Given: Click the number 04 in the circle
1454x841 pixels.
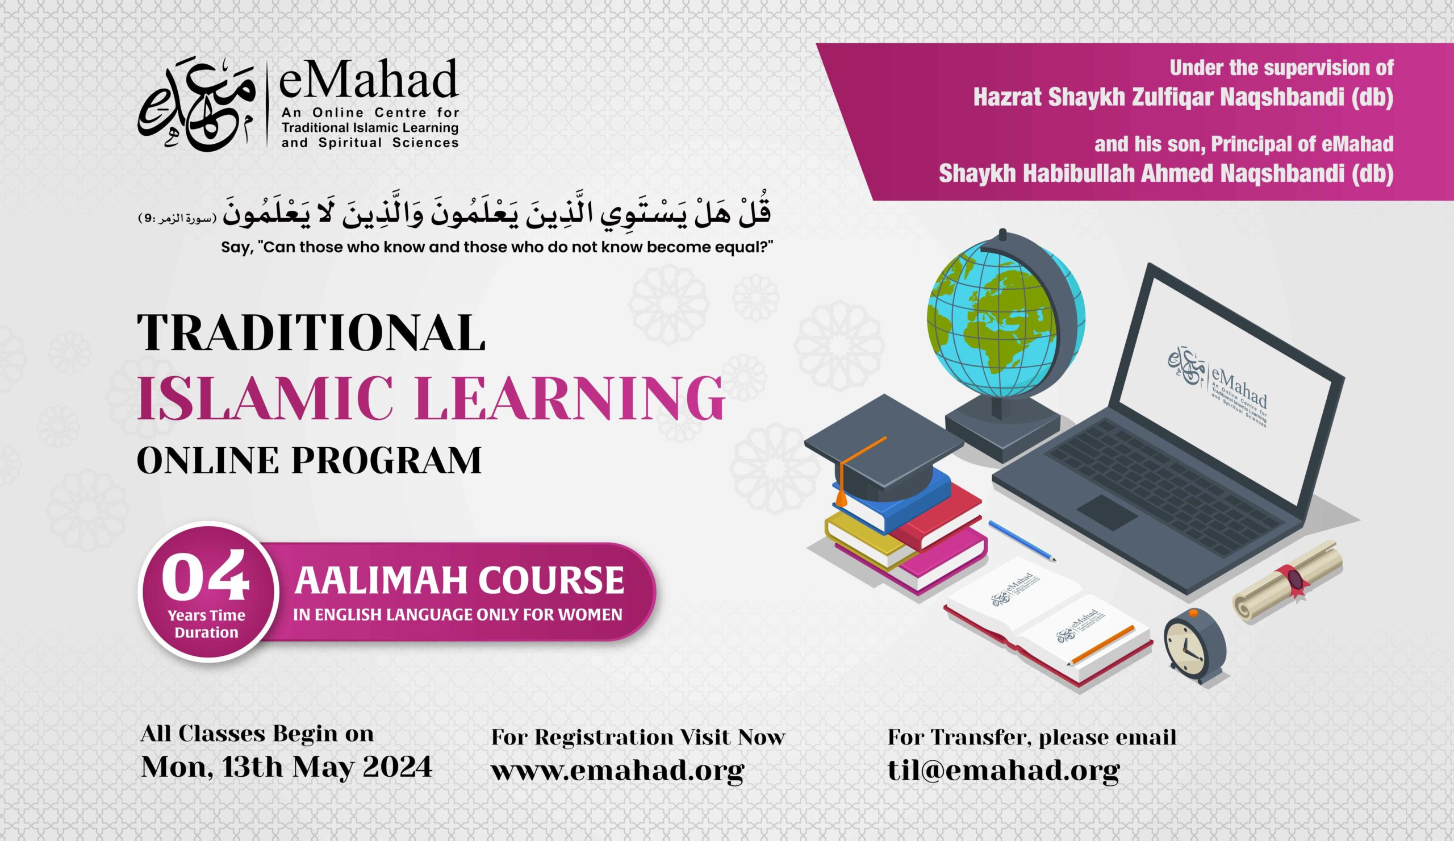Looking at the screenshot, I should coord(206,577).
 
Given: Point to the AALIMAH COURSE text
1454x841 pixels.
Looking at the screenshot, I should coord(459,581).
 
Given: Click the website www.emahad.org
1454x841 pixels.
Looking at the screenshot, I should coord(617,770).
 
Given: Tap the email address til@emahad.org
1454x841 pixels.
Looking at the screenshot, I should coord(1004,770).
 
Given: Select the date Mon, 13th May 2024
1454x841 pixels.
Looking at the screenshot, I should coord(286,767).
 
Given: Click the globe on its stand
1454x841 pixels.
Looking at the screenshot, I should coord(1005,323).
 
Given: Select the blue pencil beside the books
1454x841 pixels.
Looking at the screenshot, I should coord(1022,541).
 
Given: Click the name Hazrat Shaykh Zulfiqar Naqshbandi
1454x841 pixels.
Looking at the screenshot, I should coord(1183,98).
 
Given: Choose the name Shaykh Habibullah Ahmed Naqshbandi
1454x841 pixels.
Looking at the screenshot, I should coord(1165,174).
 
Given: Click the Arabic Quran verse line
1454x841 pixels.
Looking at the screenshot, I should coord(496,214).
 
